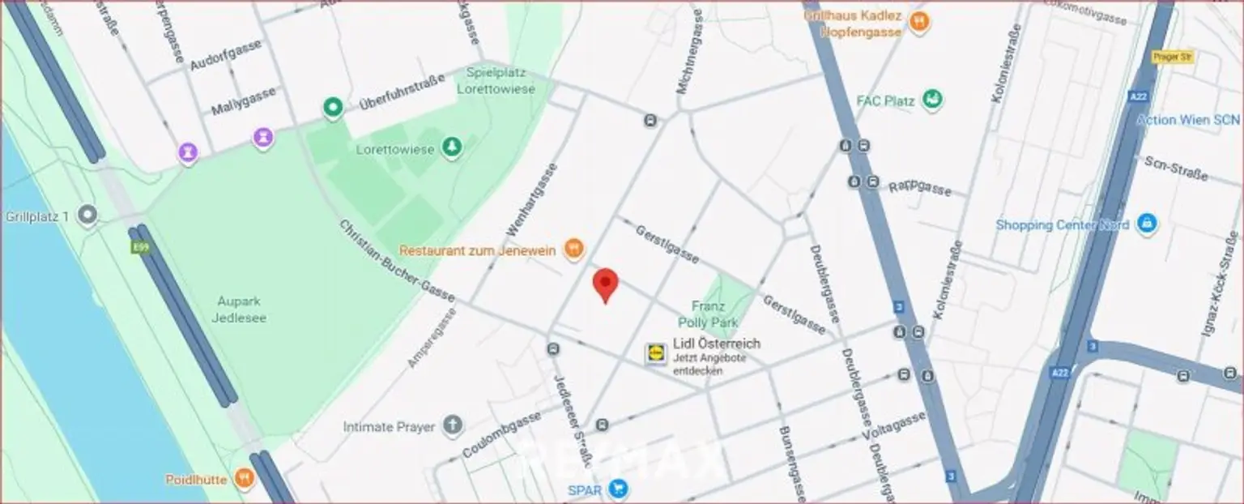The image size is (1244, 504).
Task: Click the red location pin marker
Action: tap(605, 284)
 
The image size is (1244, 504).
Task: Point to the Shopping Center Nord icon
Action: tap(1145, 224)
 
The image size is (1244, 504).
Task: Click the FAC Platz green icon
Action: tap(933, 100)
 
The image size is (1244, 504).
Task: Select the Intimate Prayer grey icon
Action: tap(453, 425)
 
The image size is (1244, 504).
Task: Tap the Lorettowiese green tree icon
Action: tap(452, 148)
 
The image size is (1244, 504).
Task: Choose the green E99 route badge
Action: tap(138, 246)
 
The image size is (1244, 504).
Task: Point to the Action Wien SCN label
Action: tap(1188, 120)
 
